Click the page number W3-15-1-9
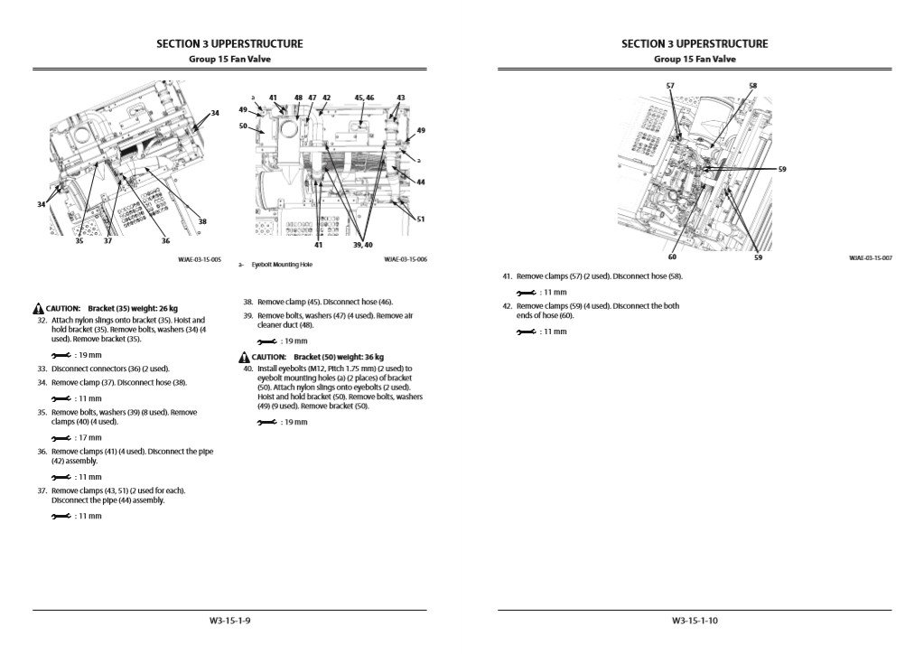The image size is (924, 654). pos(229,621)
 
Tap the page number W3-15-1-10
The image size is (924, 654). pos(695,621)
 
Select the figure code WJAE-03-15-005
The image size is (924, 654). pos(200,259)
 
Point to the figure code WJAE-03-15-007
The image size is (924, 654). pos(870,258)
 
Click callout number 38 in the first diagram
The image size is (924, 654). pos(201,220)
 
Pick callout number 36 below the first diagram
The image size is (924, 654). pos(165,240)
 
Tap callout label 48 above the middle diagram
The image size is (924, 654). pos(298,97)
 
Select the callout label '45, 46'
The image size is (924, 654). pos(364,97)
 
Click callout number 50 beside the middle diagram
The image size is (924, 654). pos(243,126)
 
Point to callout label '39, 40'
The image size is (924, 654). pos(363,245)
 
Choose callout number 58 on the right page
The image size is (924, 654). pos(752,86)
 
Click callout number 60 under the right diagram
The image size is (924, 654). pos(672,257)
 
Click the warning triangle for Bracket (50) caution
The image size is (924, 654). pos(244,357)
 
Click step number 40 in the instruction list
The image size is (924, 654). pos(247,369)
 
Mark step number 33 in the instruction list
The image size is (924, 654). pos(42,369)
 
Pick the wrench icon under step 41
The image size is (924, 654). pos(526,293)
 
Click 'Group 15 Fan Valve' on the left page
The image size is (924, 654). pos(229,60)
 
